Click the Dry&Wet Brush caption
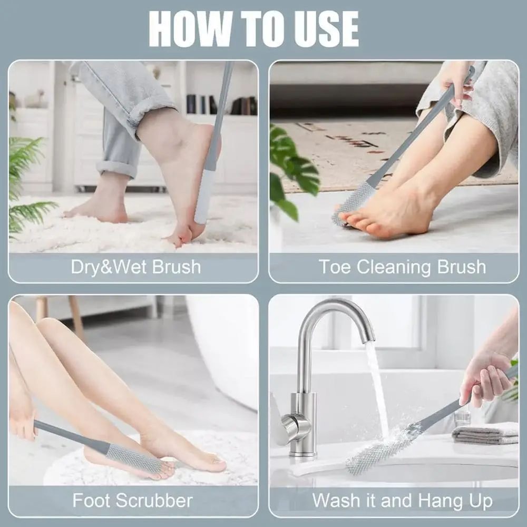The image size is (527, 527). [135, 267]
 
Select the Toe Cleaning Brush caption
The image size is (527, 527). [402, 267]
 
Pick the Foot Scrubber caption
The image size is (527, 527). [132, 500]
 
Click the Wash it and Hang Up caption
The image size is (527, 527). [402, 500]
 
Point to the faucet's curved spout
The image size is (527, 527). [337, 311]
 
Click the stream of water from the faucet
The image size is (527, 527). [377, 385]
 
